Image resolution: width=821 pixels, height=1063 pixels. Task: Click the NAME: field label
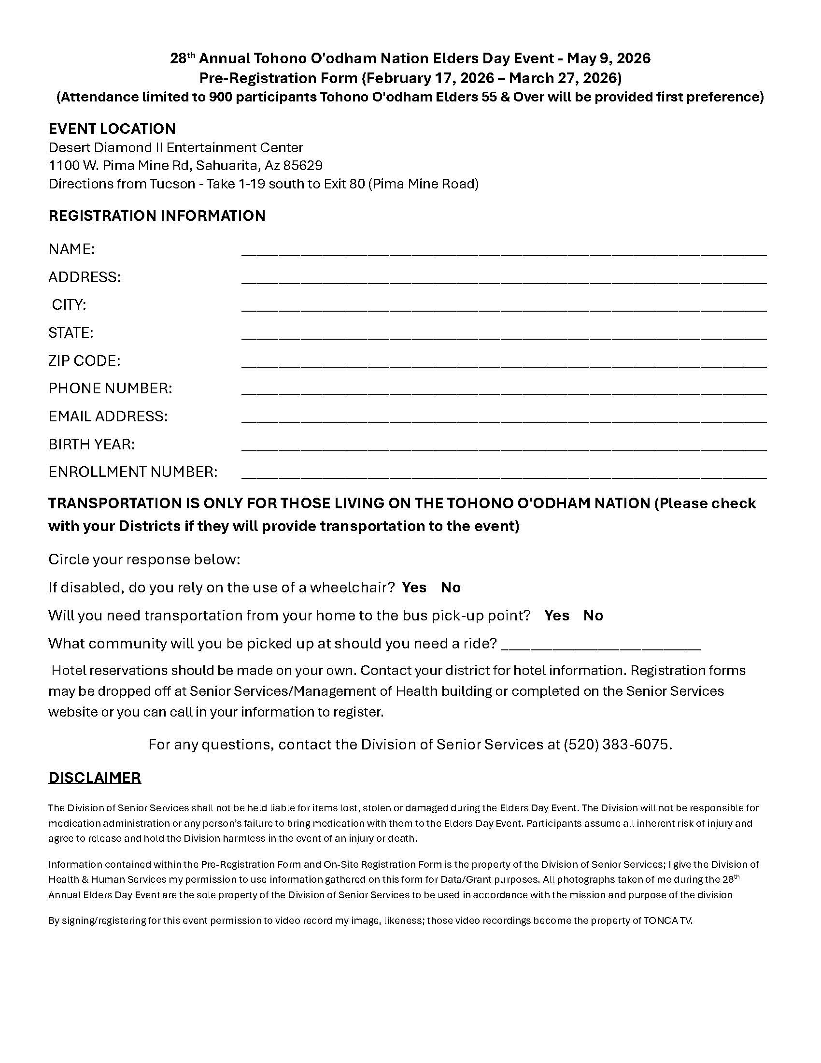pos(71,249)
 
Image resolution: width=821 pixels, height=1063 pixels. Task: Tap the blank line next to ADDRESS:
pos(503,278)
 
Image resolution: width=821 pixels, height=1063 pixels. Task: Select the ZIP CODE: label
pos(84,360)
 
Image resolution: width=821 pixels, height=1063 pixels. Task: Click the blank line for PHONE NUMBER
pos(503,389)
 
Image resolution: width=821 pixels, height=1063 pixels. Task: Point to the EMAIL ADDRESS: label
pos(108,416)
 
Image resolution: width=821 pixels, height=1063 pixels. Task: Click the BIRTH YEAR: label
pos(91,444)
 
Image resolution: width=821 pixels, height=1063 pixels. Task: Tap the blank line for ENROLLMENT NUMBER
pos(503,473)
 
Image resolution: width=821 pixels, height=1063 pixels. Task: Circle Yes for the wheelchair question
pos(414,588)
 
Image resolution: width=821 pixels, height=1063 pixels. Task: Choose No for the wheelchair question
pos(451,588)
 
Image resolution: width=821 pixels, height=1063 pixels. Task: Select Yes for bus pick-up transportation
pos(556,615)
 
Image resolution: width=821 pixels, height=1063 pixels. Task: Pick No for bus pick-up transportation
pos(593,615)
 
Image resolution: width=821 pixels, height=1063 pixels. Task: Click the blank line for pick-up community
pos(600,645)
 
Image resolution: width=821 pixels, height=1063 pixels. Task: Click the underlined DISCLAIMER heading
pos(94,777)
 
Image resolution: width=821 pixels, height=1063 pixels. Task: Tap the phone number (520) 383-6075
pos(617,744)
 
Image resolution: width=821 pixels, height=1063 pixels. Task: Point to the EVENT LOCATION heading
pos(112,129)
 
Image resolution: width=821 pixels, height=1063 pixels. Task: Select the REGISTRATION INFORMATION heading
pos(156,215)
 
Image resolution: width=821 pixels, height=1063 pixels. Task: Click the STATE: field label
pos(71,333)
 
